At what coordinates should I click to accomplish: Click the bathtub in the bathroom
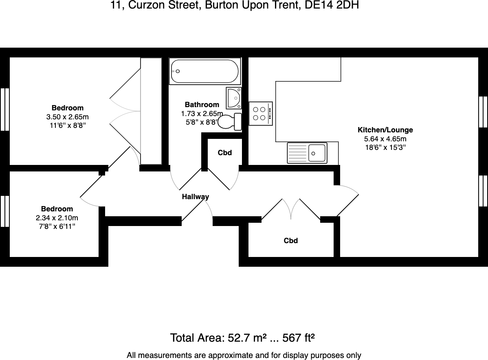pyautogui.click(x=205, y=71)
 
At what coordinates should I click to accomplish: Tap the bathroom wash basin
pyautogui.click(x=234, y=98)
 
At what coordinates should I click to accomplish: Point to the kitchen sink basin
pyautogui.click(x=317, y=153)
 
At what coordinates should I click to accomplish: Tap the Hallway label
pyautogui.click(x=195, y=197)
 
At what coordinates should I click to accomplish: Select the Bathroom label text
pyautogui.click(x=202, y=105)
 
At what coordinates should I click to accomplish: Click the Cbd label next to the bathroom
pyautogui.click(x=224, y=153)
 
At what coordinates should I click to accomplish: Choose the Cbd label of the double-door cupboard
pyautogui.click(x=291, y=241)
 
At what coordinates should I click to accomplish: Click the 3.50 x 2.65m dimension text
pyautogui.click(x=68, y=117)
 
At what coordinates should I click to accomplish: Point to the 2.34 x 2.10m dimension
pyautogui.click(x=57, y=218)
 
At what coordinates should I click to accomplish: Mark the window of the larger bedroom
pyautogui.click(x=5, y=109)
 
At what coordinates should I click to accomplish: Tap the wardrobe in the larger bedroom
pyautogui.click(x=151, y=111)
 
